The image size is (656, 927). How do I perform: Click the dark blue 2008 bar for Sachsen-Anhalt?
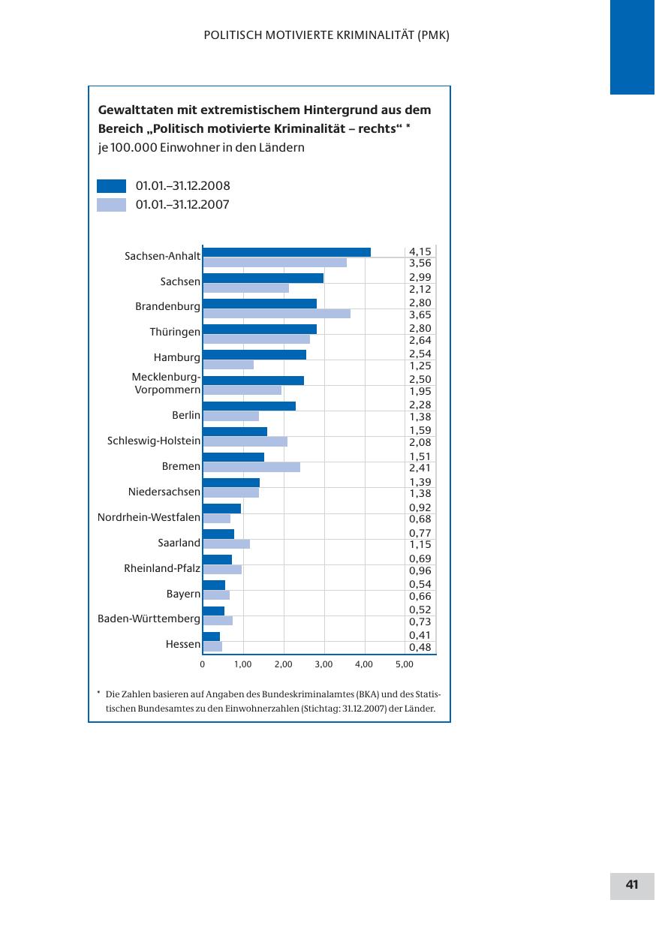[x=287, y=252]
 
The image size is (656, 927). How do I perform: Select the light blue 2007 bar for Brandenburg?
[x=276, y=314]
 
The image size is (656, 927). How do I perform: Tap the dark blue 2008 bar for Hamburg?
[x=254, y=354]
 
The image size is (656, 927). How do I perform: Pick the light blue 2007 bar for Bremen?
[x=251, y=467]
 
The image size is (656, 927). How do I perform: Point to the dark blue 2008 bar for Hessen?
[x=211, y=637]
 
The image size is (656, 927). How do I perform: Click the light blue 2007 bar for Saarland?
[x=226, y=543]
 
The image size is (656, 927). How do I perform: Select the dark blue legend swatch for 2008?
[x=111, y=186]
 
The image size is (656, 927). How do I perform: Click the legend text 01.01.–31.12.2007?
[x=182, y=204]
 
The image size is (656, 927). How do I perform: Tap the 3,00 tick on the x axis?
[x=323, y=664]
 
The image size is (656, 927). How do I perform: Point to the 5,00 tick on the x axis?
[x=404, y=664]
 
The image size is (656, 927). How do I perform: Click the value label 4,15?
[x=420, y=251]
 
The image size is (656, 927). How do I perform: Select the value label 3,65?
[x=420, y=315]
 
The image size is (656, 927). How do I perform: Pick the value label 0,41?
[x=420, y=635]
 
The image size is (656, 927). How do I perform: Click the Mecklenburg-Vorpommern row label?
[x=166, y=384]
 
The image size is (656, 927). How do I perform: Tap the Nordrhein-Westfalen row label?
[x=149, y=517]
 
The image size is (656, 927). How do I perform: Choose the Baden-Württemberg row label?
[x=149, y=619]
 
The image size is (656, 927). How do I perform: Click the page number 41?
[x=632, y=885]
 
